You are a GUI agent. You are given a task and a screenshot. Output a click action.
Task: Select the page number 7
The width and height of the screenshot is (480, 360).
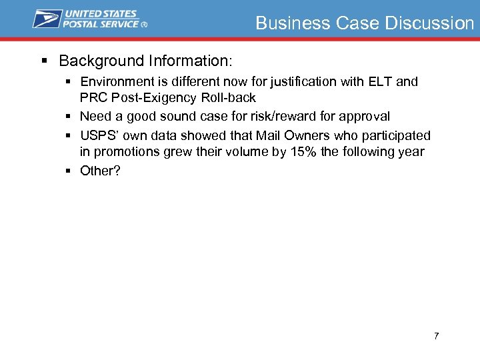pos(436,336)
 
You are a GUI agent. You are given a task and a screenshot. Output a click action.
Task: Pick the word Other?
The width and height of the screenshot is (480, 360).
pos(100,171)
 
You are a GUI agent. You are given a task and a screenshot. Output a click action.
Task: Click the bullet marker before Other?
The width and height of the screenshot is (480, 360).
pos(68,171)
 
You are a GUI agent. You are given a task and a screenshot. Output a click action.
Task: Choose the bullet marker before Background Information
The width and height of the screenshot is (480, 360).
pos(45,61)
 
